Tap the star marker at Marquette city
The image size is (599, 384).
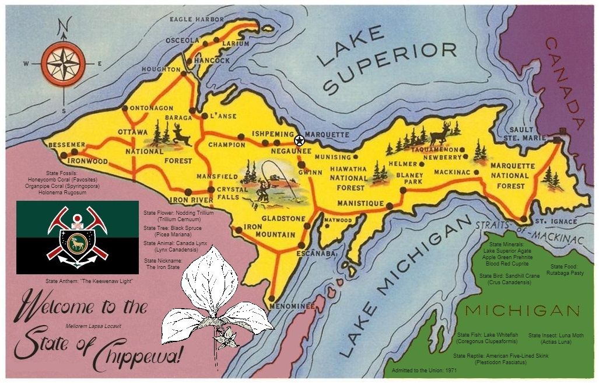pos(299,140)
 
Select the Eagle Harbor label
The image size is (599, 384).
pos(197,19)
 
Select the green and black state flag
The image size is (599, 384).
pos(77,238)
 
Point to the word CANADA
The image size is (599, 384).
pos(565,90)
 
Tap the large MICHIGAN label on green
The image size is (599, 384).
pos(522,310)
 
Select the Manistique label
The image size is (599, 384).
pos(360,203)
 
